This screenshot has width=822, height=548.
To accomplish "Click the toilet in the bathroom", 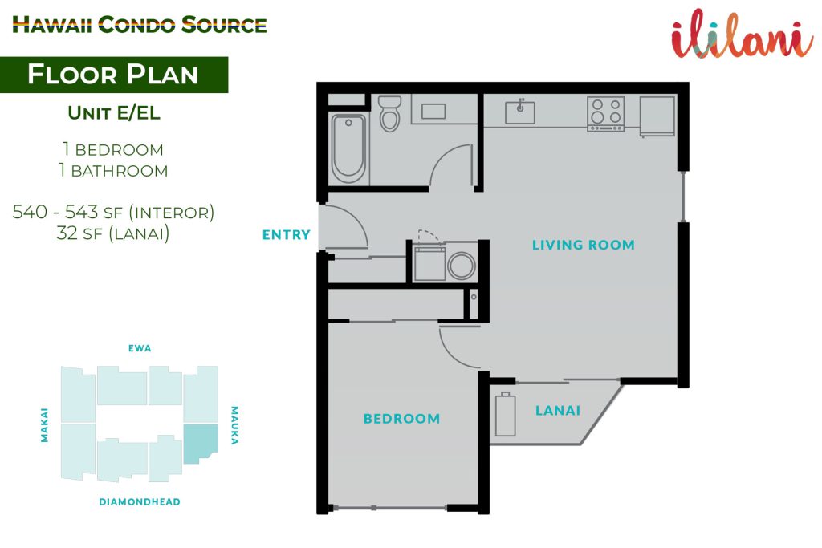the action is pos(389,112).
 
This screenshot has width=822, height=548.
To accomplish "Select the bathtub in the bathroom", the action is pos(348,148).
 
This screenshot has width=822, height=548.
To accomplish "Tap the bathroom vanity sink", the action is pos(433,111).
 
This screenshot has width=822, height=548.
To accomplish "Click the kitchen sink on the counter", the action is pos(519,112).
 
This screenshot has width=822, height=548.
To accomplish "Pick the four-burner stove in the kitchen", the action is pos(605,114).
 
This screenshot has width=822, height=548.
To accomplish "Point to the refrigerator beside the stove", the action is pos(657,116).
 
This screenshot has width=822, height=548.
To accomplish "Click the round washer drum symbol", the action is pos(462,265).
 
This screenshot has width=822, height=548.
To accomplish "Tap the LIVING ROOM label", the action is pos(584,245).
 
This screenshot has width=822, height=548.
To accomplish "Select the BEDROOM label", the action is pos(401,419).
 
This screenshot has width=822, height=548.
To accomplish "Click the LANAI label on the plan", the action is pos(558,411).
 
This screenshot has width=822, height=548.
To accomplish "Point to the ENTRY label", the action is pos(287,235).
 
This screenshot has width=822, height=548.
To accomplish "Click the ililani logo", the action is pos(743,34).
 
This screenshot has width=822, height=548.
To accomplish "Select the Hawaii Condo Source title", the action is pos(140,25).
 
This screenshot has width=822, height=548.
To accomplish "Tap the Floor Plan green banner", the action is pos(114,75).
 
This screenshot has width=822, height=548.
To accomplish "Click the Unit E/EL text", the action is pos(114,112).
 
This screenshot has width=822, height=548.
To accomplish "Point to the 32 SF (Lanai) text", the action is pos(113,233).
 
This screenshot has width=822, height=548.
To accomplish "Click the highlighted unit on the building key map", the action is pos(200,443).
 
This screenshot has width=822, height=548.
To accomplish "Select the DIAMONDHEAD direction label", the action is pos(140,502).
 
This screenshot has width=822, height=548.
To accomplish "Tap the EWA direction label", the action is pos(140,348).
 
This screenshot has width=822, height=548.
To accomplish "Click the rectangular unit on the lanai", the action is pos(506,414).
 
